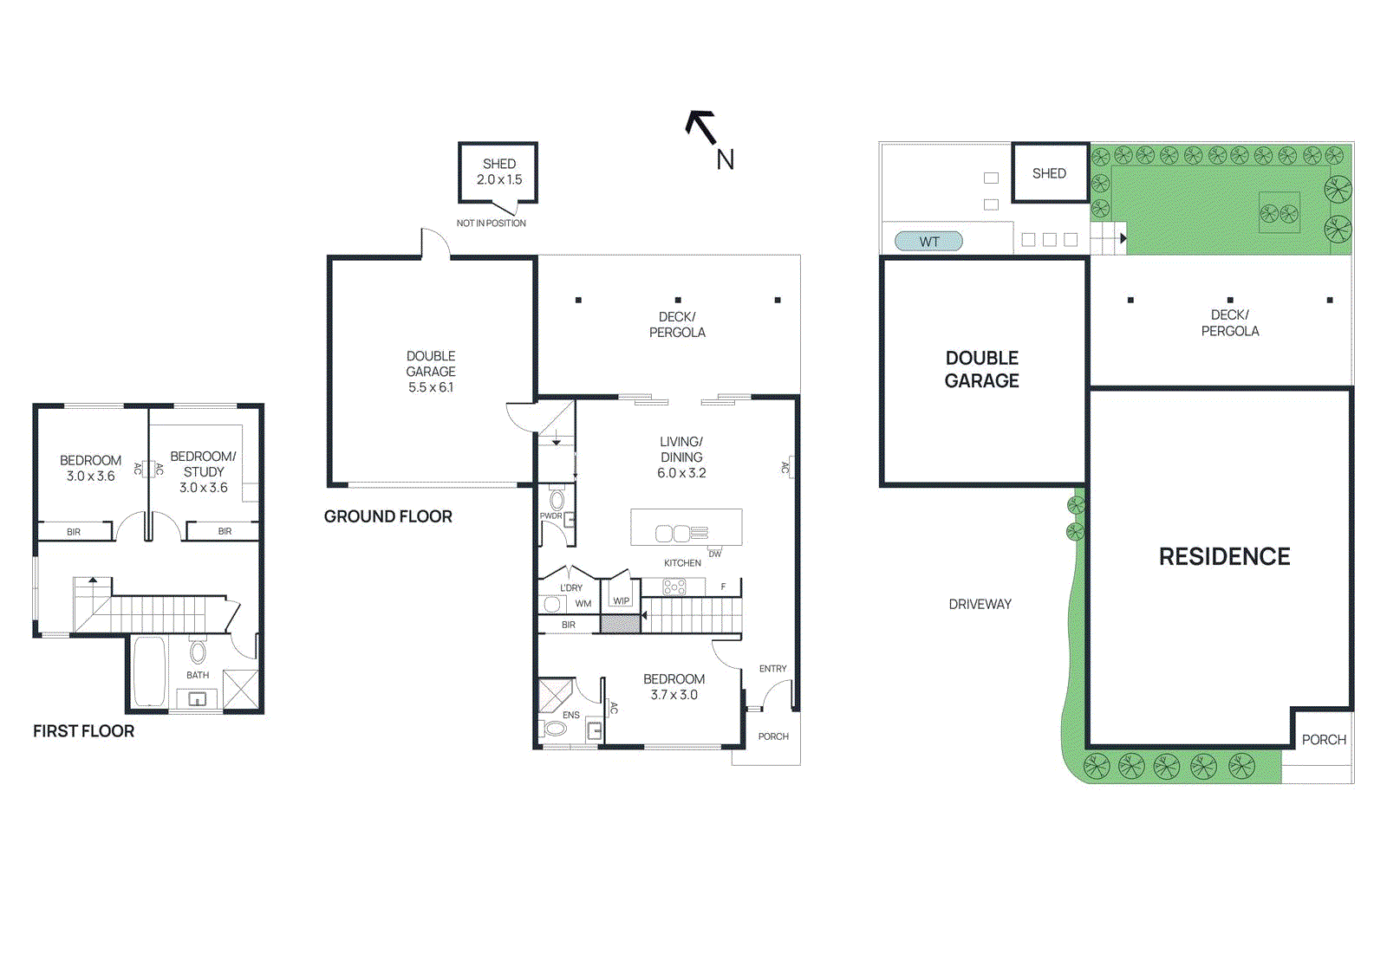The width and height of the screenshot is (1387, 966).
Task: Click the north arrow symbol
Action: [701, 127]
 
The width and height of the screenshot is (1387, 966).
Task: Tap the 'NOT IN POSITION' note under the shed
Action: [491, 224]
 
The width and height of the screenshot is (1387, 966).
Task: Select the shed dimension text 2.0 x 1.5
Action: [499, 180]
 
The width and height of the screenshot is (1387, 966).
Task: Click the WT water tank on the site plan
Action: [928, 242]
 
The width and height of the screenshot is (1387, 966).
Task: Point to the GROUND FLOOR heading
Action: [387, 516]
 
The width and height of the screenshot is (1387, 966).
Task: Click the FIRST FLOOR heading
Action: [83, 731]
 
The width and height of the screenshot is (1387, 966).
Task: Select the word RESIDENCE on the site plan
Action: [1224, 557]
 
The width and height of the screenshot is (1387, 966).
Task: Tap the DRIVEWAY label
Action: [980, 605]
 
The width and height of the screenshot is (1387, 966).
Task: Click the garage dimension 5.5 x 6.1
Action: [431, 387]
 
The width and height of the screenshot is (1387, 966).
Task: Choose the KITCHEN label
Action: [682, 563]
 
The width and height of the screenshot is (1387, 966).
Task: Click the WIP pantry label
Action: [622, 600]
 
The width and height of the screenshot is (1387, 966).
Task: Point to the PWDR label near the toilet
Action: [551, 516]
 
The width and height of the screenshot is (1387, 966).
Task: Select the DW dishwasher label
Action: [714, 554]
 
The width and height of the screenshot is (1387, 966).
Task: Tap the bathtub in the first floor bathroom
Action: [149, 672]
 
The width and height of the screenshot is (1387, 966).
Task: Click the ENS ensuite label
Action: [570, 715]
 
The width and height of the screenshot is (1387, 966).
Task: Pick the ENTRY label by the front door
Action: [772, 669]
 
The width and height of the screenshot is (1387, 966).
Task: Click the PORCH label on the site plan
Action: [1324, 740]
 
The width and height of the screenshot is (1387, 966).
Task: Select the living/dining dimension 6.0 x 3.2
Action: [681, 473]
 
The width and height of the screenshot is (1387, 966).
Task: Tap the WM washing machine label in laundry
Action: [583, 604]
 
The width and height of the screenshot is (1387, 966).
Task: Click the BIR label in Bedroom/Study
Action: [225, 531]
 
